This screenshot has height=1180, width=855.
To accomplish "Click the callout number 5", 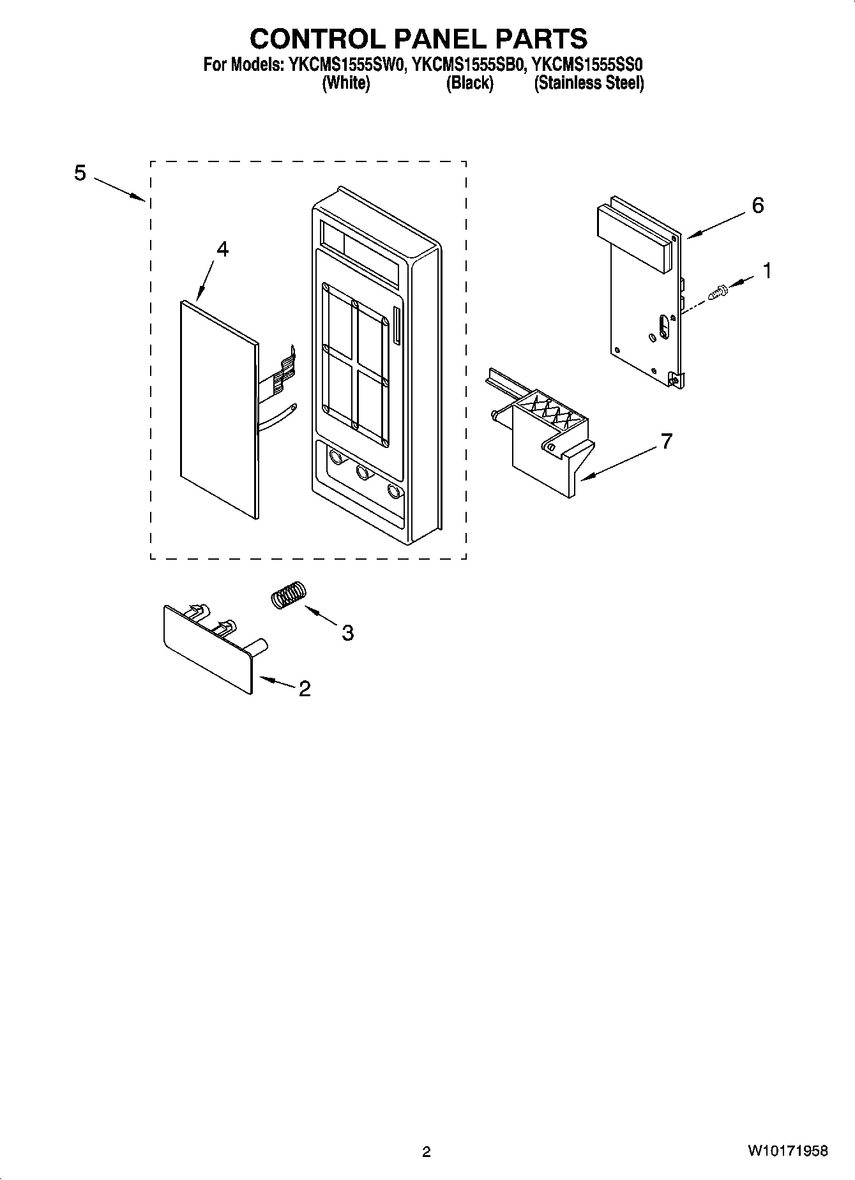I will click(80, 173).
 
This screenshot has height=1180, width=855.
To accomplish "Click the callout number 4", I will click(222, 250).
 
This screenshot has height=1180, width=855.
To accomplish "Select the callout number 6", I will click(757, 205).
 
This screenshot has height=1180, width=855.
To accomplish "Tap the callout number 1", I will click(767, 271).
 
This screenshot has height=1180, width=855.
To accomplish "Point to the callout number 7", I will click(666, 441).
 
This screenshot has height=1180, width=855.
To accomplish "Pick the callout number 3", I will click(347, 632).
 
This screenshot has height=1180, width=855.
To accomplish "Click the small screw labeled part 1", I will click(718, 293).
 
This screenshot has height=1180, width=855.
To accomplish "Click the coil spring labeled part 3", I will click(289, 595).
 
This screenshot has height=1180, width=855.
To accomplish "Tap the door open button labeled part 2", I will click(208, 651).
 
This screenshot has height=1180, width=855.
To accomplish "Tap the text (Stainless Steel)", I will click(589, 83).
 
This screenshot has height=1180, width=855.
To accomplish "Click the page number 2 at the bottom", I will click(427, 1151).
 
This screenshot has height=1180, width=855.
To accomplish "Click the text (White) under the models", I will click(345, 83).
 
